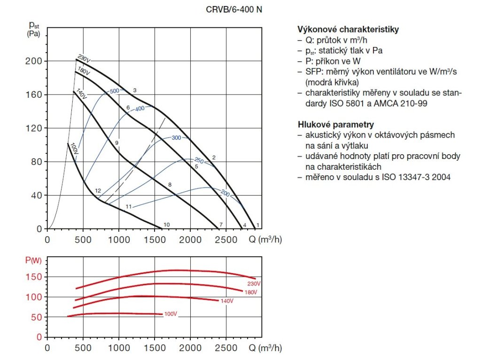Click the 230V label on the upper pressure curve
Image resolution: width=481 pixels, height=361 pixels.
click(84, 59)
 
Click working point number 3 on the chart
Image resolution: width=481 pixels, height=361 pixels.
click(134, 90)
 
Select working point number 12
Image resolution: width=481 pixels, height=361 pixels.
click(98, 191)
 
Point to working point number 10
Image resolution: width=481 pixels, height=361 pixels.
click(166, 225)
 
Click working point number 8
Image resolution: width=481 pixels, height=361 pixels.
click(170, 185)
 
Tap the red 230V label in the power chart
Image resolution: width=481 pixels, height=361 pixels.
click(254, 284)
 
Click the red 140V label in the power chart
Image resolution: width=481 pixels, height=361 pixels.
click(227, 301)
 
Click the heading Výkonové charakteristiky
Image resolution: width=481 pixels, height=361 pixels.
click(348, 30)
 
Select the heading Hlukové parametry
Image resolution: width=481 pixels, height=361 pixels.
click(336, 125)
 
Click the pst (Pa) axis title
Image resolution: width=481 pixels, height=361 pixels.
click(33, 28)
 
